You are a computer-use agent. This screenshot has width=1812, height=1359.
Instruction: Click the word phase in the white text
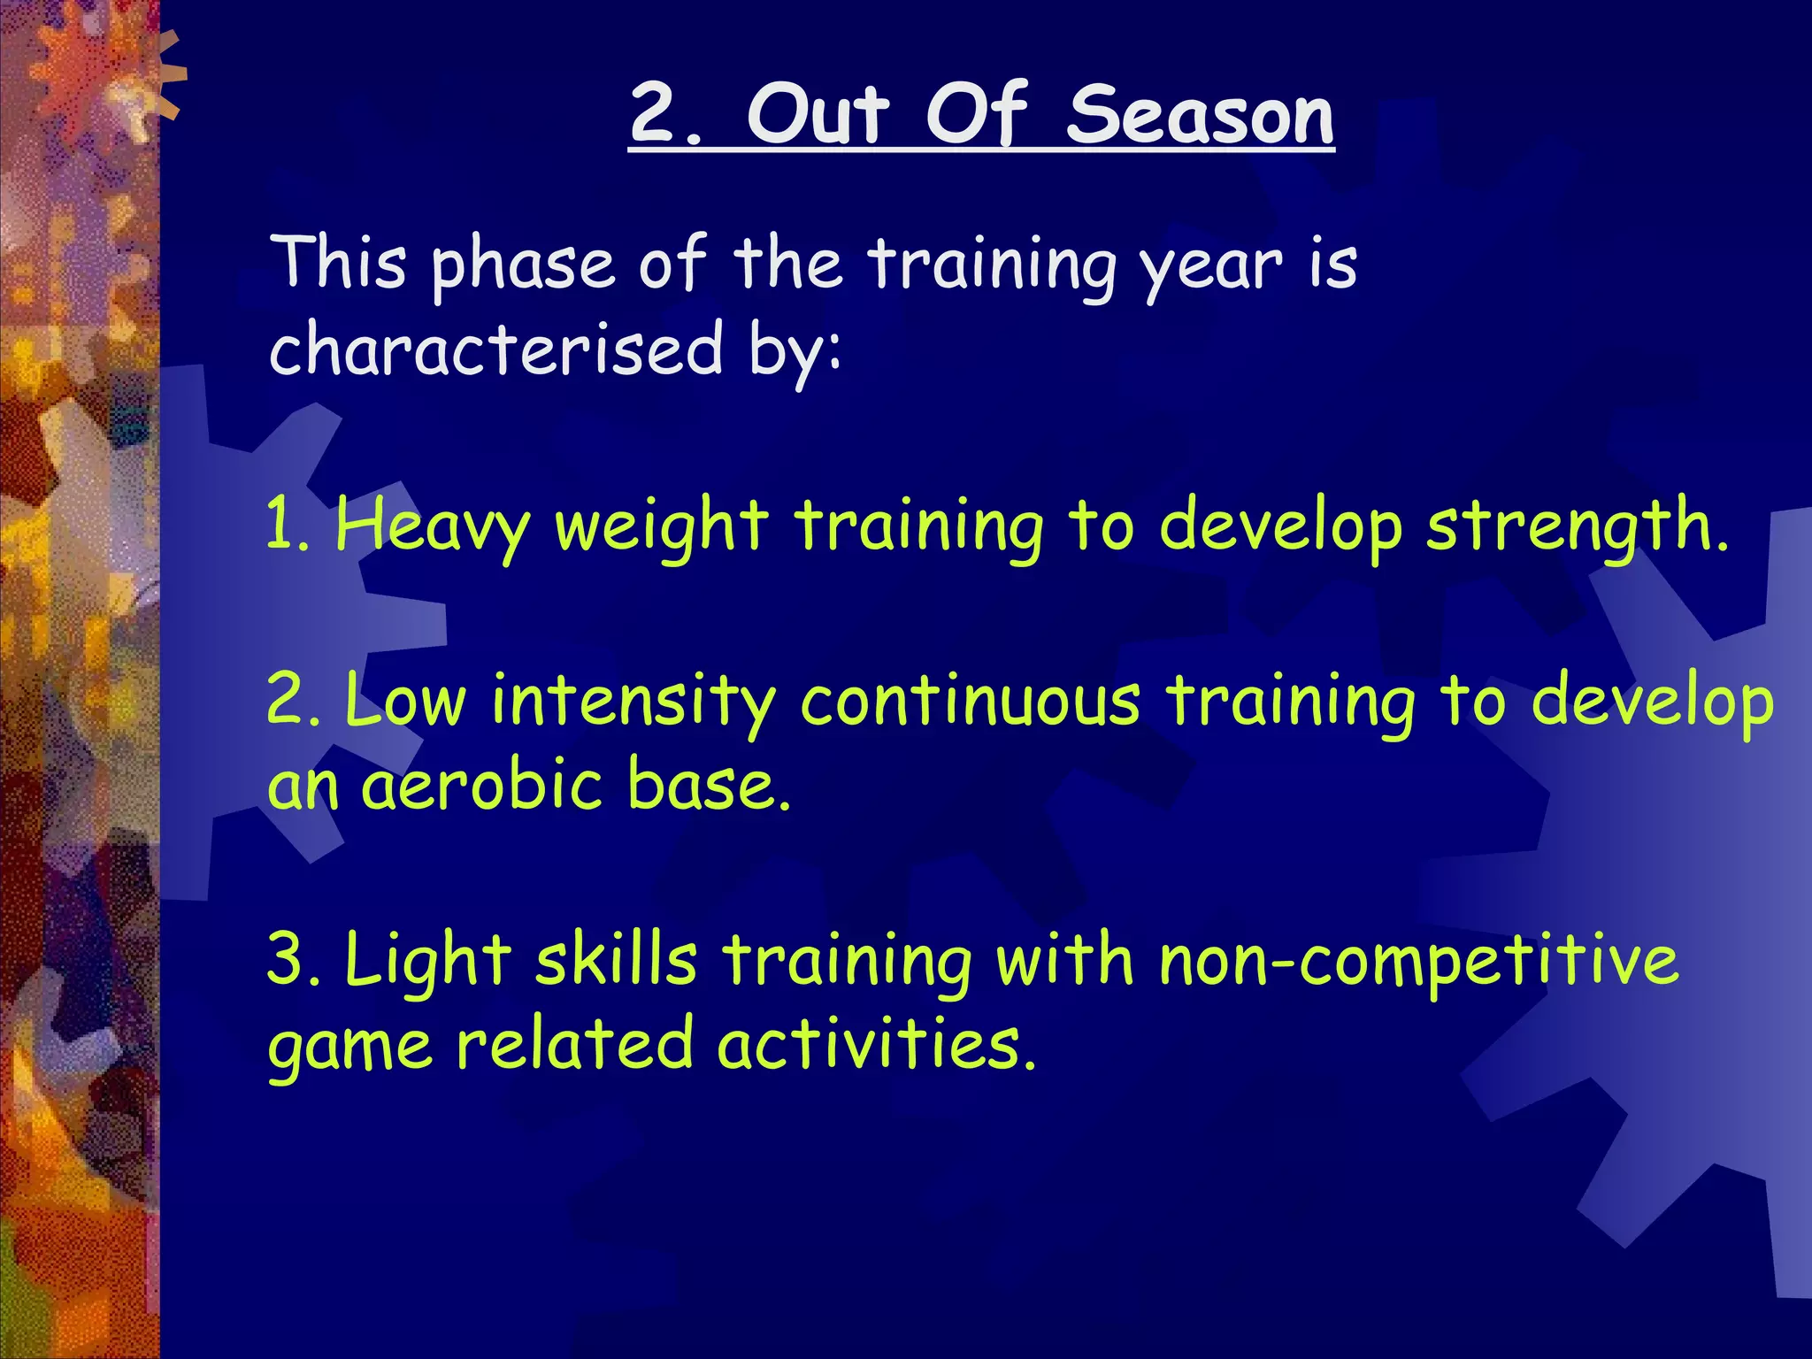pyautogui.click(x=522, y=265)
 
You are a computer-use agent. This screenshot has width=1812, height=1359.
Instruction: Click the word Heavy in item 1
pyautogui.click(x=432, y=526)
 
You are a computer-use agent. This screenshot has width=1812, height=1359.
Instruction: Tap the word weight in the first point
pyautogui.click(x=660, y=526)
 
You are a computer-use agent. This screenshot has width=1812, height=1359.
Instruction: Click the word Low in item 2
pyautogui.click(x=403, y=701)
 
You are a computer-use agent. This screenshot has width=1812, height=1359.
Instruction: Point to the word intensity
pyautogui.click(x=633, y=701)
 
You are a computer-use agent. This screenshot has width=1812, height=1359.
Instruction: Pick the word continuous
pyautogui.click(x=970, y=701)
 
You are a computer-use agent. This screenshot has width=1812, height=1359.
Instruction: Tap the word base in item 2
pyautogui.click(x=708, y=786)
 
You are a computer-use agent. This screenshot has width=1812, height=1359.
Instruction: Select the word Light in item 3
pyautogui.click(x=428, y=961)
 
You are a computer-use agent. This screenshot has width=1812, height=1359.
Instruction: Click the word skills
pyautogui.click(x=616, y=961)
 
